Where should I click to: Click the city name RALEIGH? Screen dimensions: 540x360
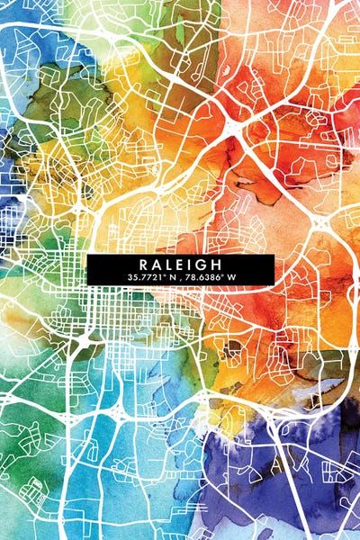(180, 264)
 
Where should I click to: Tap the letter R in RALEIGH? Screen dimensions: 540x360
(144, 264)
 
